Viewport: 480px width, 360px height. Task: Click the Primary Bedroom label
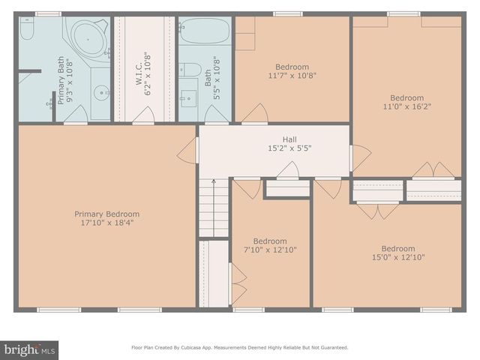[106, 214]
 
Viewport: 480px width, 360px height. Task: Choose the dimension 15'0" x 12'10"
[397, 257]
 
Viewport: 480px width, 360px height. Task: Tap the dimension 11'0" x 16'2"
[406, 106]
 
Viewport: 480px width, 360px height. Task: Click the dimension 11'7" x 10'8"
[292, 75]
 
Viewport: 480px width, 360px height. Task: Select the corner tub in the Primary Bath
[88, 38]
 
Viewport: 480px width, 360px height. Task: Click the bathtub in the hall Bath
[205, 34]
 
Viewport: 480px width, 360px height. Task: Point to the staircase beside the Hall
[213, 210]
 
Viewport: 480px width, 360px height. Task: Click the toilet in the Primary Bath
[27, 30]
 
